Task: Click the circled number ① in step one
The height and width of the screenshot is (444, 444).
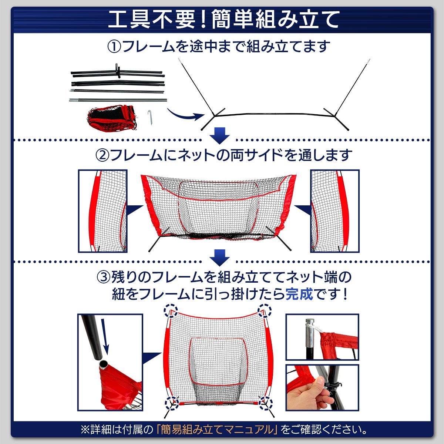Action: coord(114,47)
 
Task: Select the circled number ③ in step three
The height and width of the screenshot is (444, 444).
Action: coord(104,277)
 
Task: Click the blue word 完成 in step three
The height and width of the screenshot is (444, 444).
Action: coord(299,294)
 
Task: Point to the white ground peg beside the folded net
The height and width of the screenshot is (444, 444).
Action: coord(150,118)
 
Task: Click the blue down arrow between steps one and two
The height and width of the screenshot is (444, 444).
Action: coord(219,136)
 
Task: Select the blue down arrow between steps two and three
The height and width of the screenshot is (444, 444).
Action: coord(219,258)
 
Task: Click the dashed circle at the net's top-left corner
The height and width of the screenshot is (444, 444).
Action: coord(171,311)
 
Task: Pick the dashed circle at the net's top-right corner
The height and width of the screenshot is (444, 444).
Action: coord(265,310)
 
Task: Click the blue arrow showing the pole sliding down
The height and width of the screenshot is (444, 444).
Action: coord(105,336)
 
